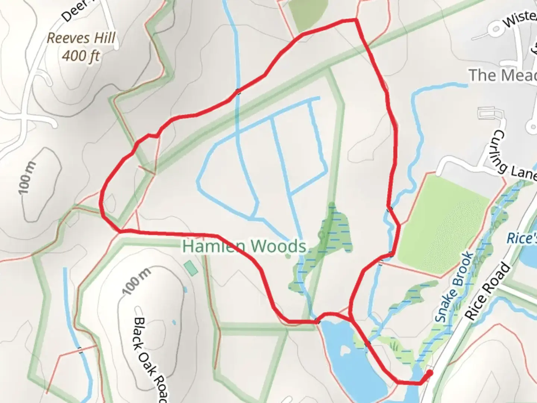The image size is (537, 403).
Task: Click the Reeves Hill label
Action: coord(81,38)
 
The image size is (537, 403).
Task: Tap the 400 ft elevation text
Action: coord(81,56)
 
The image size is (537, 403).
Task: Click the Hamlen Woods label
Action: coord(245,246)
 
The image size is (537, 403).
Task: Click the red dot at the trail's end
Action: coord(430,373)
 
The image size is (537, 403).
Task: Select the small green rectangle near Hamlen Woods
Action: coord(191,268)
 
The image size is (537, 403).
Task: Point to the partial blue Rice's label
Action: coord(522,238)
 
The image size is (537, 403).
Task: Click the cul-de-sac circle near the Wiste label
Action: coord(496,29)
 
